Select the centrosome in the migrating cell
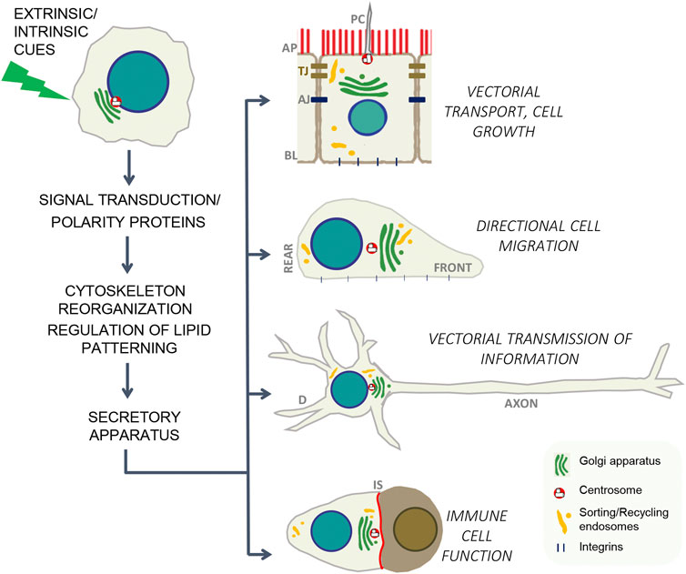371,247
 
